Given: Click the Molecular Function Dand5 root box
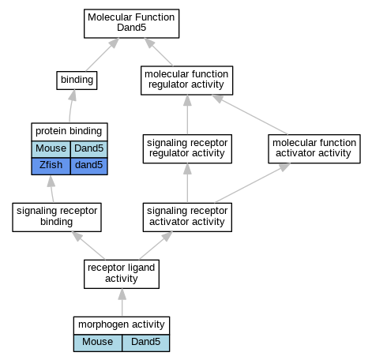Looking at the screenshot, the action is point(131,24).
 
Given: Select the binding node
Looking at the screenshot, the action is point(77,81).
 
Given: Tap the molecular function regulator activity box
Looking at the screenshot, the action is point(186,81).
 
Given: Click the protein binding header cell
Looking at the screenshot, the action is point(70,132).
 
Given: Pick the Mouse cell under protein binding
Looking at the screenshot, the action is point(51,149).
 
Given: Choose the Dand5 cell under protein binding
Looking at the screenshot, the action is point(89,149).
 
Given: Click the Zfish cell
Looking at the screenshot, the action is point(51,166).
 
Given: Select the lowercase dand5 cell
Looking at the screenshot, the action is point(89,166).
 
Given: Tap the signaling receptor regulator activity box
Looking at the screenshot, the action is point(187,148).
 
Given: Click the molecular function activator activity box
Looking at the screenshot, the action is point(314,148).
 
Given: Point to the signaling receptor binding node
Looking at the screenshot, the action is point(57,217).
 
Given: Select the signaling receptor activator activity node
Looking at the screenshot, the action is point(187,217).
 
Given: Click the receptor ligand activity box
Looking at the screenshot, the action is point(122,274).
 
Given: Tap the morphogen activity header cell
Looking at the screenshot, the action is point(122,325).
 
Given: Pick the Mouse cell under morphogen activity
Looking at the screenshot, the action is point(98,343).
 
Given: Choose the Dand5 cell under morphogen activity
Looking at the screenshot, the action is point(146,343).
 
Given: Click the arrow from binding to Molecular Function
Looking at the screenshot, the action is point(103,54).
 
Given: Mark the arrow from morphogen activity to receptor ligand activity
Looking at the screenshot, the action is point(122,302).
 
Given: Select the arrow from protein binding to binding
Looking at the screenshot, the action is point(71,106).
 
